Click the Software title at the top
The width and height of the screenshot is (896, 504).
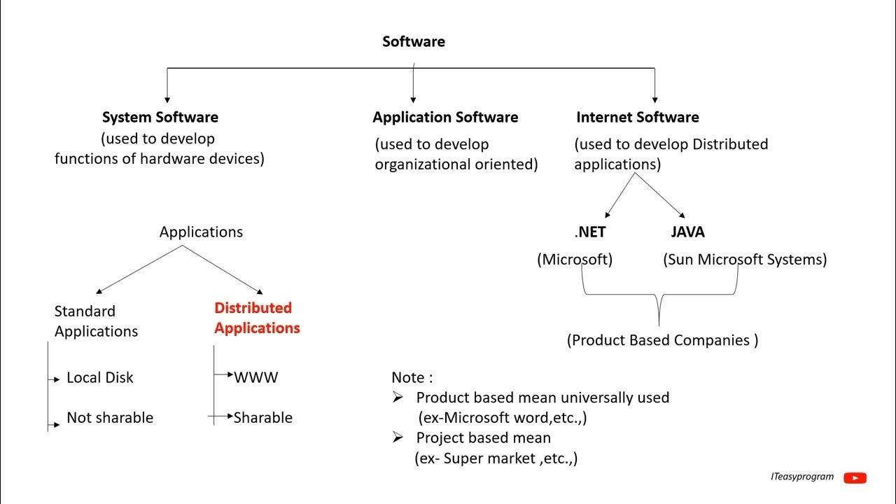pyautogui.click(x=413, y=42)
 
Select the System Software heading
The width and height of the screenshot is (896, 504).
pyautogui.click(x=160, y=118)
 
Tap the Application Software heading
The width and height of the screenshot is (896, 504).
pyautogui.click(x=445, y=118)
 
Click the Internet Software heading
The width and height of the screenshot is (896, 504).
pyautogui.click(x=637, y=118)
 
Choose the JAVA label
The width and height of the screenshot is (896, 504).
pyautogui.click(x=687, y=232)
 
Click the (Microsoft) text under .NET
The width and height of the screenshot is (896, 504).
pyautogui.click(x=575, y=260)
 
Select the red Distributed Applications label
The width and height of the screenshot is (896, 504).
pyautogui.click(x=257, y=318)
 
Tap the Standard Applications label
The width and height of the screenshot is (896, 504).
pyautogui.click(x=96, y=321)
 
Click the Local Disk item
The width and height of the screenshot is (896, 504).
pyautogui.click(x=99, y=378)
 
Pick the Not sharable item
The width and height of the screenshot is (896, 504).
pyautogui.click(x=109, y=418)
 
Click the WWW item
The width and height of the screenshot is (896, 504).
pyautogui.click(x=255, y=378)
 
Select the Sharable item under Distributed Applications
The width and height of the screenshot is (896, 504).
pyautogui.click(x=262, y=418)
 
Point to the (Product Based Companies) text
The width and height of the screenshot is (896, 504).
pyautogui.click(x=662, y=341)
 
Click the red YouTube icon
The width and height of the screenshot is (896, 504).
pyautogui.click(x=855, y=478)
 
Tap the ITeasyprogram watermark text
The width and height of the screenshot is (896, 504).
pyautogui.click(x=801, y=477)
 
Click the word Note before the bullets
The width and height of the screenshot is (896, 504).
pyautogui.click(x=408, y=378)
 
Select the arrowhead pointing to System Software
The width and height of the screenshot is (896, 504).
pyautogui.click(x=167, y=99)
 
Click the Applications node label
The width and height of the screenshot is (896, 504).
pyautogui.click(x=201, y=232)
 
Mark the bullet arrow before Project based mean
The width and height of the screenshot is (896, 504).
pyautogui.click(x=398, y=437)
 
